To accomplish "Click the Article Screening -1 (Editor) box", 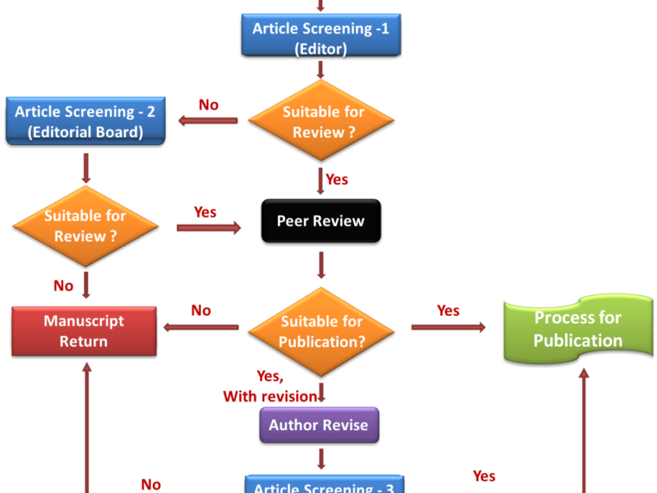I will pyautogui.click(x=321, y=38).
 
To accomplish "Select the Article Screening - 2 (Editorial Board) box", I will pyautogui.click(x=86, y=121).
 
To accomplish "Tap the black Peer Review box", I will pyautogui.click(x=321, y=221).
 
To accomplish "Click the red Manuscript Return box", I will pyautogui.click(x=84, y=331).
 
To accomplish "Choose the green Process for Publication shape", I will pyautogui.click(x=578, y=329).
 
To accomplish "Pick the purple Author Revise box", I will pyautogui.click(x=319, y=425).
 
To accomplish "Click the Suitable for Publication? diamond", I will pyautogui.click(x=321, y=331).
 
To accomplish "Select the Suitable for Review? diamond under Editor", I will pyautogui.click(x=321, y=121).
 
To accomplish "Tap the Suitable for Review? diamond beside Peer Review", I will pyautogui.click(x=86, y=226).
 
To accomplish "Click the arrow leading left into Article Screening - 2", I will pyautogui.click(x=208, y=121).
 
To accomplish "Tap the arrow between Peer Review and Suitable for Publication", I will pyautogui.click(x=321, y=265).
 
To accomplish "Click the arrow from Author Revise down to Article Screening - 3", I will pyautogui.click(x=321, y=459).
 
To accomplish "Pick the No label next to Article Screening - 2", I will pyautogui.click(x=209, y=105).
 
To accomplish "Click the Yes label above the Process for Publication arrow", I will pyautogui.click(x=448, y=311).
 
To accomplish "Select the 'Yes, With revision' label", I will pyautogui.click(x=269, y=387).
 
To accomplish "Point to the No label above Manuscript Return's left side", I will pyautogui.click(x=64, y=286).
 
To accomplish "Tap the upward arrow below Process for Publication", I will pyautogui.click(x=584, y=429).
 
